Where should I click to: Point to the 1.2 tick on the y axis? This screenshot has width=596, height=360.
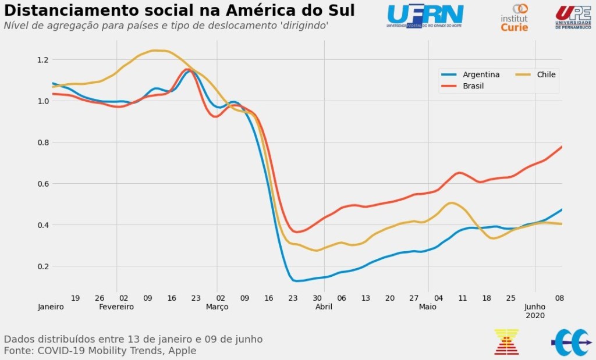pos(42,59)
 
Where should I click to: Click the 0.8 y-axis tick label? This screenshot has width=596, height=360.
pos(42,142)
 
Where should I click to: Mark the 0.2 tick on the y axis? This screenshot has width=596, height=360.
pos(42,266)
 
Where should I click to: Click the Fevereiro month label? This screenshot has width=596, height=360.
pos(116,306)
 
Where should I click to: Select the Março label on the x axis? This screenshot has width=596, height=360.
pos(217,306)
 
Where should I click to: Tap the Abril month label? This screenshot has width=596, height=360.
pos(324,306)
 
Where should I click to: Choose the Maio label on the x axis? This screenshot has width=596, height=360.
pos(428,306)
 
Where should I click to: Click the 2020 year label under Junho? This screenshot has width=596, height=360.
pos(535,315)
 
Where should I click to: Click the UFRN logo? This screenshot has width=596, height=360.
pos(425,16)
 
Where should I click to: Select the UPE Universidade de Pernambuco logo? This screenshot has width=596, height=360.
pos(573,17)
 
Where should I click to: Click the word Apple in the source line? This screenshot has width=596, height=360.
pos(182,351)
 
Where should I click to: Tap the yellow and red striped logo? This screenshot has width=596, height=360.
pos(506,341)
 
